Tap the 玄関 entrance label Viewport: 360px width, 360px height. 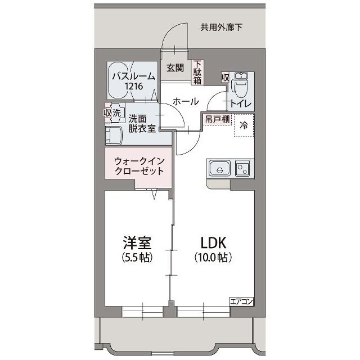pos(175,68)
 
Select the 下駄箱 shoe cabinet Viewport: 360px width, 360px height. pos(197,73)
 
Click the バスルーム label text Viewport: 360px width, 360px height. pos(133,76)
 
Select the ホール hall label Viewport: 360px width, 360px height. pos(185,102)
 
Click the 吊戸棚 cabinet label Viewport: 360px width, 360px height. pos(216,119)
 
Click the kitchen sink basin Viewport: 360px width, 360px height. pos(219,168)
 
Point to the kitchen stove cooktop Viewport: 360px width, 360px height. pos(243,167)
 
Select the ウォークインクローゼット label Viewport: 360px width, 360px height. pos(138,166)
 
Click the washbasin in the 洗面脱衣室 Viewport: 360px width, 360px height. pos(114,135)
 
